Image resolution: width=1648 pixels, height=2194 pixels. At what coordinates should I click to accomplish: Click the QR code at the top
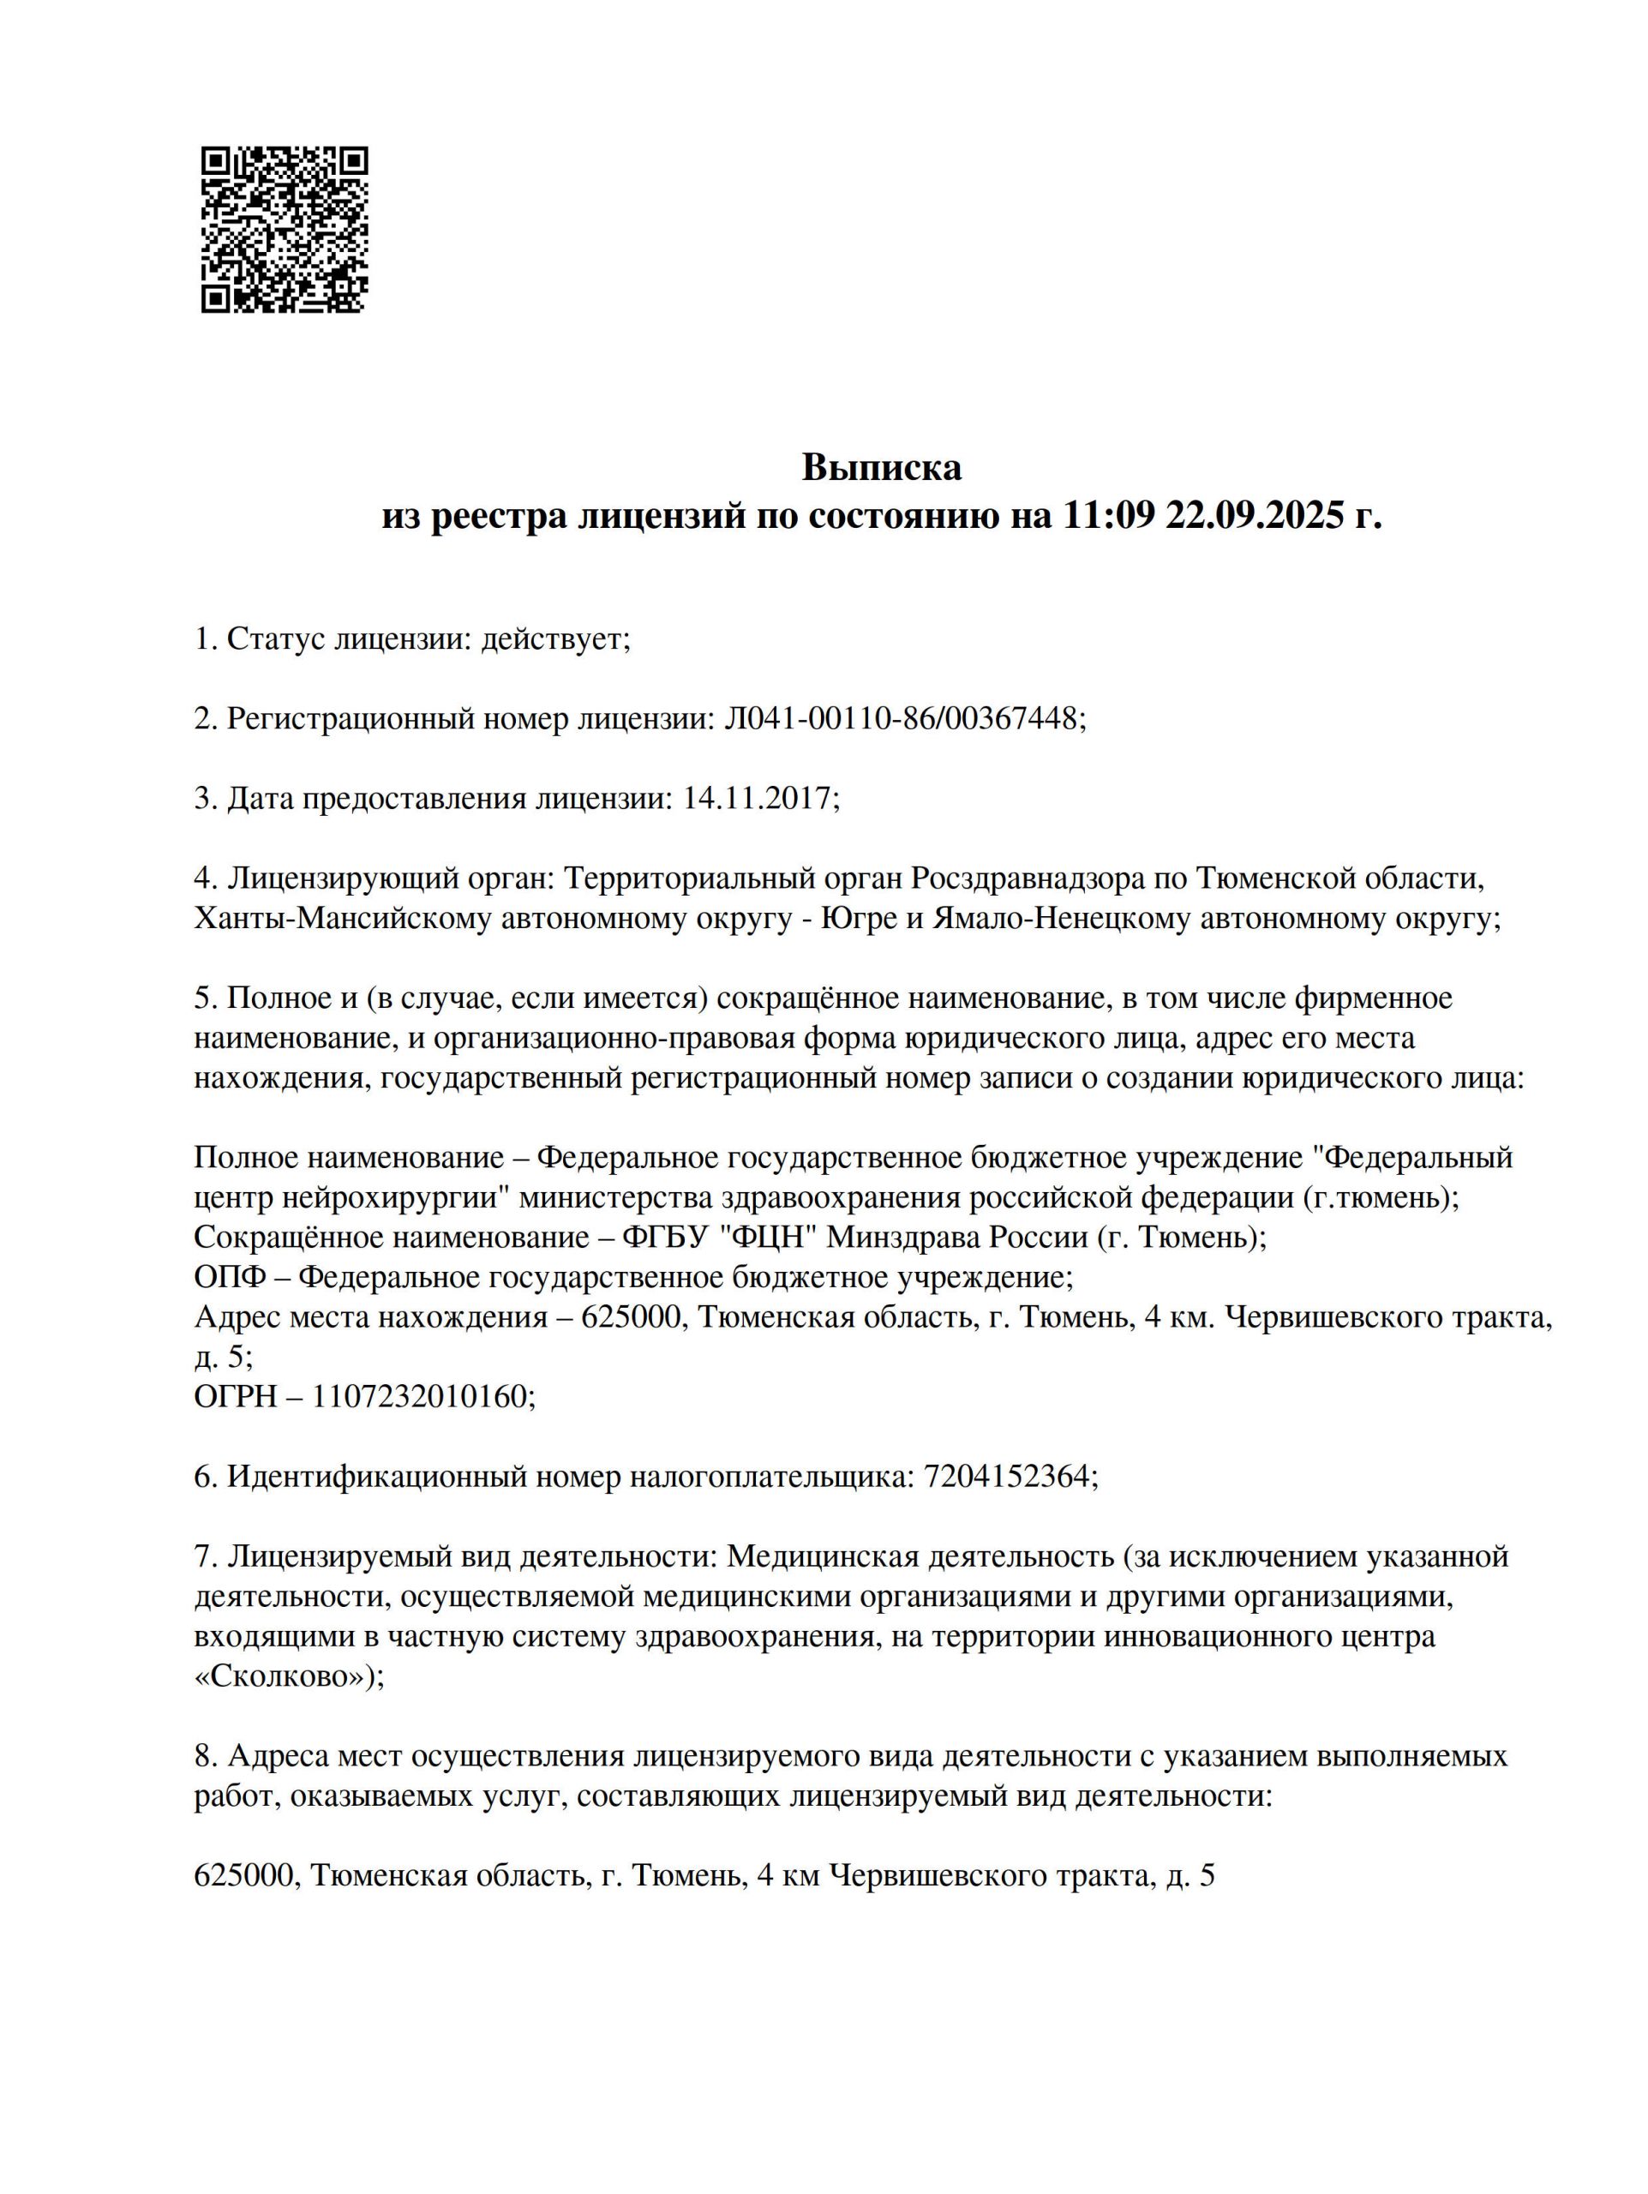tap(285, 230)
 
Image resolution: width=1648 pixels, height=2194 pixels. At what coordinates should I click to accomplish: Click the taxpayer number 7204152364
tap(1009, 1477)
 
